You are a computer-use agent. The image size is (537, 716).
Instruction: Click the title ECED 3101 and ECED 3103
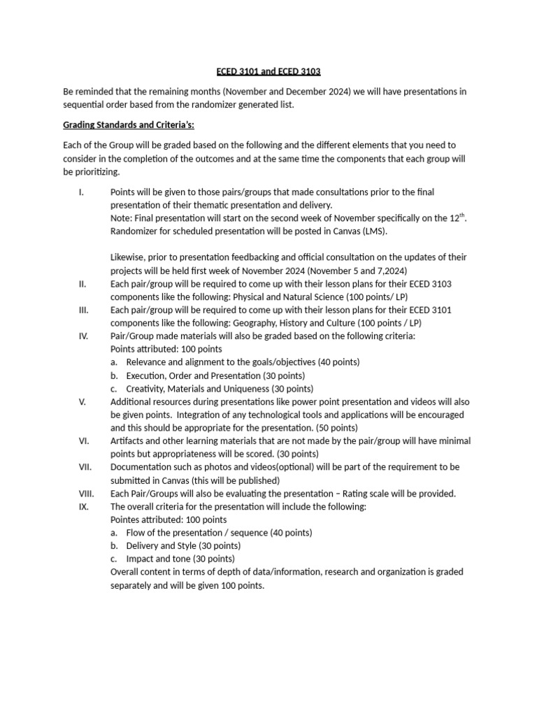268,71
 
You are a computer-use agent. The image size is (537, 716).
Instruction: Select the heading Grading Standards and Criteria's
129,124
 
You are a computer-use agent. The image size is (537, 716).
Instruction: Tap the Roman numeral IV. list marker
83,336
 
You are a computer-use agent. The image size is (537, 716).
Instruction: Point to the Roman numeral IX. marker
83,506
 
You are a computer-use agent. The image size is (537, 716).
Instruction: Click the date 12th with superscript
455,217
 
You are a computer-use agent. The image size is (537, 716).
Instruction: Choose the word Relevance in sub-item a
150,362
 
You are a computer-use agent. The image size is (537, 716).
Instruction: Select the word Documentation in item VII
142,467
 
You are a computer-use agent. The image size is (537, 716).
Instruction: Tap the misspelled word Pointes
126,520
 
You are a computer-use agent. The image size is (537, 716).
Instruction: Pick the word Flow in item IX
136,533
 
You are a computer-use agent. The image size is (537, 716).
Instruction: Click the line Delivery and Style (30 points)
183,545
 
